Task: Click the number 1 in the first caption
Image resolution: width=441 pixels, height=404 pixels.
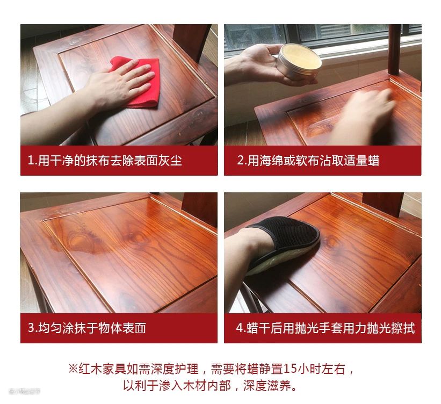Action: click(31, 160)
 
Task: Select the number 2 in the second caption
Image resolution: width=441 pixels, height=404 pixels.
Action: click(241, 160)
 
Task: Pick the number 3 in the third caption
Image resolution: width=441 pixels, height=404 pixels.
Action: click(31, 328)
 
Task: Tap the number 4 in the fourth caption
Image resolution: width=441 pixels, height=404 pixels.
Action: click(240, 328)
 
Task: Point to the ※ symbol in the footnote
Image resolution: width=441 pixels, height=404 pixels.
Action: click(73, 369)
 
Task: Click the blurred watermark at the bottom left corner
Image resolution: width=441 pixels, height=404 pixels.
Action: click(25, 391)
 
